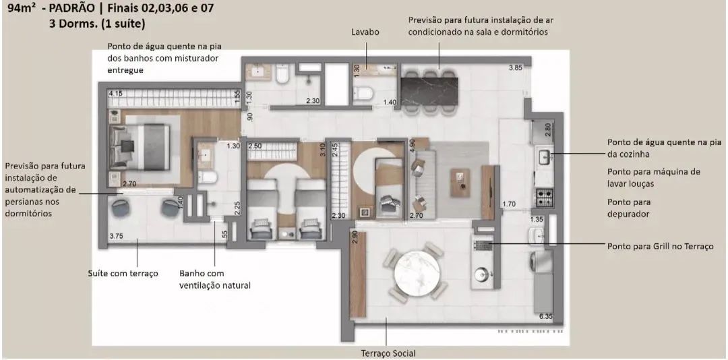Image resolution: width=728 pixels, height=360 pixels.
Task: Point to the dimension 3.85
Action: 516,67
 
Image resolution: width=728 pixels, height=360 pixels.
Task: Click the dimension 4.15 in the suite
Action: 115,93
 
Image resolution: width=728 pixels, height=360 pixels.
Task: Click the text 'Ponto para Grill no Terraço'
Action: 660,247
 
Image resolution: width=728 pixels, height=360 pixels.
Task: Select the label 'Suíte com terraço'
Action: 123,274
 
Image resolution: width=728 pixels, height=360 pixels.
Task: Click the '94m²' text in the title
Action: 22,9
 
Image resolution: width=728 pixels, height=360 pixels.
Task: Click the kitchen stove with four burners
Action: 544,196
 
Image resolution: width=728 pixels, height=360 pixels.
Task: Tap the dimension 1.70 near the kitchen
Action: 509,204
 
